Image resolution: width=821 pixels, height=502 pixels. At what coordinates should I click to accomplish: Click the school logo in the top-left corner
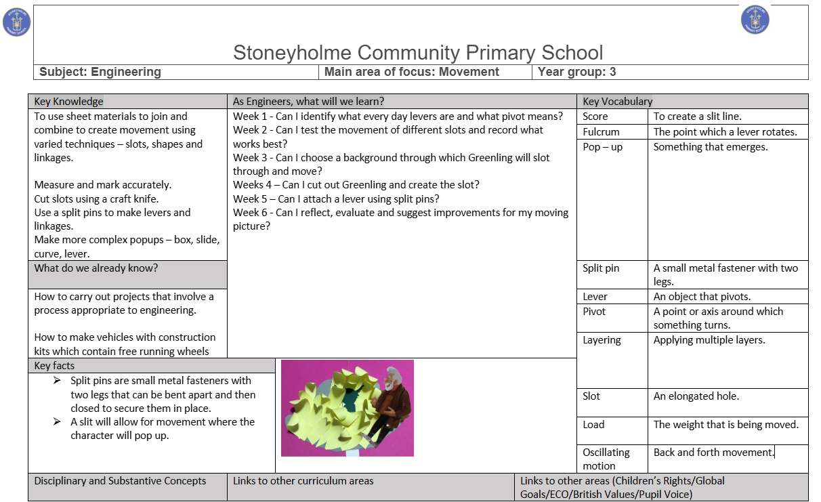[x=17, y=22]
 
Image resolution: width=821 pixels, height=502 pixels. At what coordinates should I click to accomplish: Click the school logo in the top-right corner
[x=755, y=20]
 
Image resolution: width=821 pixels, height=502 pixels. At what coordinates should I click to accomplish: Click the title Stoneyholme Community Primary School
[x=418, y=52]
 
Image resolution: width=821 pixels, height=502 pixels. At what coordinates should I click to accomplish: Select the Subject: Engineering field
[x=100, y=72]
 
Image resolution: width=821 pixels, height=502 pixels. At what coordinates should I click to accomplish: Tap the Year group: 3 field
[x=576, y=72]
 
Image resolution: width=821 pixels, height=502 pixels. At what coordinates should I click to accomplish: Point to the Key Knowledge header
[x=69, y=102]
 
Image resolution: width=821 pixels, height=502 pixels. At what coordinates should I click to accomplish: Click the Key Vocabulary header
[x=617, y=102]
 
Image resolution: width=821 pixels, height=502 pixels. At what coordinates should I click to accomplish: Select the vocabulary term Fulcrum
[x=601, y=132]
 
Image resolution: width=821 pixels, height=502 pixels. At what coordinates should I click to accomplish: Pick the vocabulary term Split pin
[x=601, y=268]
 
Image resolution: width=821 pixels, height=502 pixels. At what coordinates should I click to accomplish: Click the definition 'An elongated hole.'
[x=696, y=396]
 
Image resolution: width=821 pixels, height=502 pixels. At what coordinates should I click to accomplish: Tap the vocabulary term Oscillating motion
[x=606, y=459]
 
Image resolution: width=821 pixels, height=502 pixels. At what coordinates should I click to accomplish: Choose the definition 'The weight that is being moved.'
[x=726, y=425]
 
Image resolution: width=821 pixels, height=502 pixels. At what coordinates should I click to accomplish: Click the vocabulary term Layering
[x=602, y=340]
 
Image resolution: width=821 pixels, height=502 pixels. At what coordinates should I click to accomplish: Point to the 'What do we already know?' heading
[x=96, y=268]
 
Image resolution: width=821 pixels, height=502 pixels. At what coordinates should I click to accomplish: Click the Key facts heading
[x=55, y=366]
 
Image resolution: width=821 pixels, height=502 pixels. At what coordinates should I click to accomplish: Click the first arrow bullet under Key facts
[x=58, y=381]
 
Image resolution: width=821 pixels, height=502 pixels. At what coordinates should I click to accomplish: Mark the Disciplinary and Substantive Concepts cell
[x=121, y=481]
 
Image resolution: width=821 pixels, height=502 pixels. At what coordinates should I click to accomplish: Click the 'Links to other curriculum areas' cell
[x=303, y=481]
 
